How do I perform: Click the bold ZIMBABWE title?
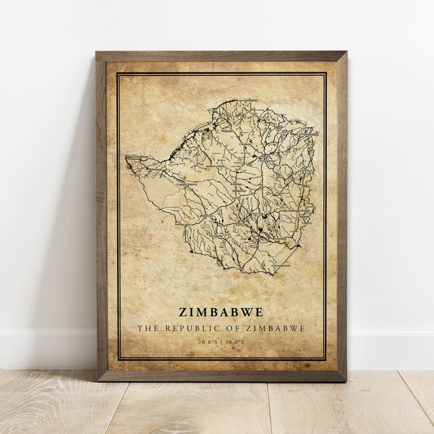(x=221, y=312)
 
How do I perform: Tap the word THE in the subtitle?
(x=148, y=328)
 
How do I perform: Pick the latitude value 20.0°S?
(x=207, y=341)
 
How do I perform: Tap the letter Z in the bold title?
(x=183, y=312)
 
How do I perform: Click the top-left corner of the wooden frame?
(x=96, y=52)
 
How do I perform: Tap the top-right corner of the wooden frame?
(x=346, y=52)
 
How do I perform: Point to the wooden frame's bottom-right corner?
(x=346, y=380)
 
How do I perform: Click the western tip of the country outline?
(x=126, y=157)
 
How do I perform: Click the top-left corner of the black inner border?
(x=118, y=73)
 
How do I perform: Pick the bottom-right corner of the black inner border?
(x=325, y=359)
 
